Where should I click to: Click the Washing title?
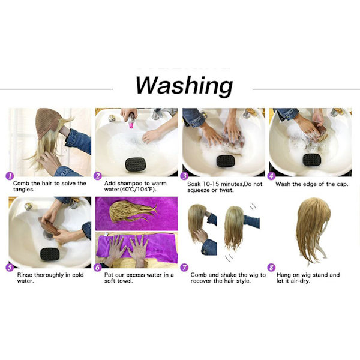(184, 85)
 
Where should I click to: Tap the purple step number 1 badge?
(10, 176)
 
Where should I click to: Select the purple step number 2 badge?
(97, 176)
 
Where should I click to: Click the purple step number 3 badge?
(184, 176)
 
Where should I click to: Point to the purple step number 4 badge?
(271, 176)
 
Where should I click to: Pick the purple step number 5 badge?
(10, 268)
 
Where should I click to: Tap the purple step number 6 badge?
(97, 268)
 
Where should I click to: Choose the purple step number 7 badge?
(184, 268)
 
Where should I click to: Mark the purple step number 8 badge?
(271, 268)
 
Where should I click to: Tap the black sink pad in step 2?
(136, 164)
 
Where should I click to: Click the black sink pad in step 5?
(50, 254)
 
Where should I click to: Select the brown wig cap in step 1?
(47, 122)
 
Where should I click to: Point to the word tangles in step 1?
(23, 190)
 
